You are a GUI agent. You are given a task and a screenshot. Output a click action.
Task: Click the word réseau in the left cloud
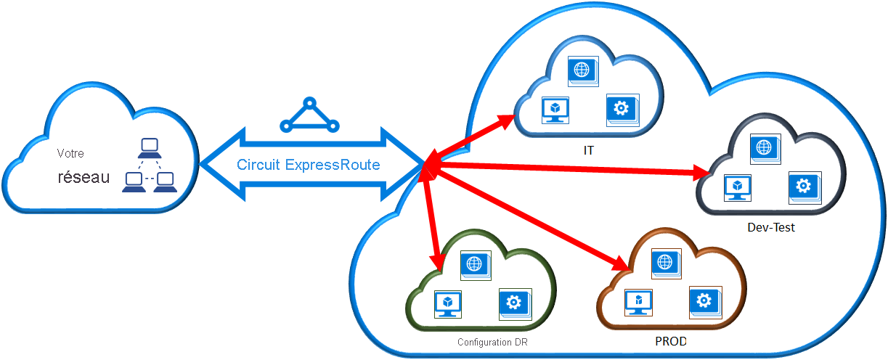pos(83,178)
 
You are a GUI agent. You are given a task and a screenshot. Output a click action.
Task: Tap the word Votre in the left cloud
pos(70,154)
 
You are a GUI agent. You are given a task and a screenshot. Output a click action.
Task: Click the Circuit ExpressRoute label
pos(308,165)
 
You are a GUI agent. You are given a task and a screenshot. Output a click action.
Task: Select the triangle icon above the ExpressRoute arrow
pos(309,115)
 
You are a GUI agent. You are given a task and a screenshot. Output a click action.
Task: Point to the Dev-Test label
pos(771,227)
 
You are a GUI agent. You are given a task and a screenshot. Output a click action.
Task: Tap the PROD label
pos(670,340)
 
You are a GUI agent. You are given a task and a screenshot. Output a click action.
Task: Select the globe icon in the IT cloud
pos(581,70)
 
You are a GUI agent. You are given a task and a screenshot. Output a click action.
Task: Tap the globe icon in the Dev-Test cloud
pos(763,147)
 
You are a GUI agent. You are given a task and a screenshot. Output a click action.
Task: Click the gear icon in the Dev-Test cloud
pos(803,187)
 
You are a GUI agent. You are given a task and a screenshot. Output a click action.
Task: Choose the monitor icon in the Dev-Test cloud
pos(737,187)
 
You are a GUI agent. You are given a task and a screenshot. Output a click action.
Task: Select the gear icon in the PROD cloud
pos(703,300)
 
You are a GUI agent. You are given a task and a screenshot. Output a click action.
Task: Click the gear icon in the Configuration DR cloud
pos(513,303)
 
